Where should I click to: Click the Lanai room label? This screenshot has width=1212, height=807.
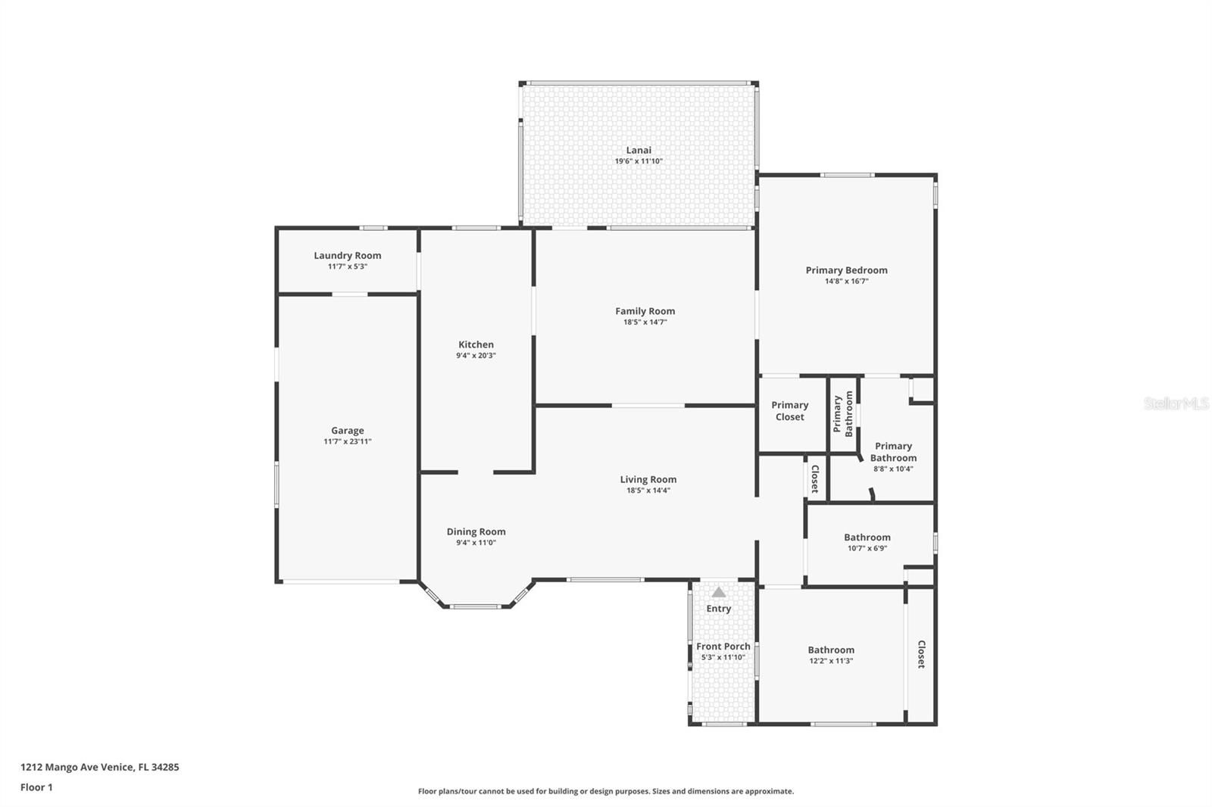(639, 150)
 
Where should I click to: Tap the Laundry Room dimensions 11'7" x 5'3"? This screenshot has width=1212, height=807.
(347, 266)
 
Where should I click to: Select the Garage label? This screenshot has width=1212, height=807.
(347, 430)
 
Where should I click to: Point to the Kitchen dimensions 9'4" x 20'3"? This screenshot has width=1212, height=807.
(476, 355)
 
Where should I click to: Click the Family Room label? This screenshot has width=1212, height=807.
(645, 310)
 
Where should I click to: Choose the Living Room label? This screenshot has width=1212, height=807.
(648, 478)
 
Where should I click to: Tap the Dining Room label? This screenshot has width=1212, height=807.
(476, 531)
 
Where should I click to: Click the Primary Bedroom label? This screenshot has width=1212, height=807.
(846, 270)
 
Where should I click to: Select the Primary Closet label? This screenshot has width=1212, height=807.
(790, 410)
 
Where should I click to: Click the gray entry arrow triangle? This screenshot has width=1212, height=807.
(719, 592)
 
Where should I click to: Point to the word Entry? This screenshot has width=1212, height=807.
(719, 609)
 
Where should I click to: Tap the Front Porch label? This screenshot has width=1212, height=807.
(723, 646)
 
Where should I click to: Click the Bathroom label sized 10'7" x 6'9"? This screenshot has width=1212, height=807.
(867, 537)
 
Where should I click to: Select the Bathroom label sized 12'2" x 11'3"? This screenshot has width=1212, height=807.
(831, 650)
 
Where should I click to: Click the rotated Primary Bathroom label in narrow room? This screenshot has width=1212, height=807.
(843, 413)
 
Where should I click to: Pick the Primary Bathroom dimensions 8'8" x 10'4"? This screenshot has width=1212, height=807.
(893, 469)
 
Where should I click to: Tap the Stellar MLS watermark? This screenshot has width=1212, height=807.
(1176, 403)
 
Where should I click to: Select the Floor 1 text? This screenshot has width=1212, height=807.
(36, 787)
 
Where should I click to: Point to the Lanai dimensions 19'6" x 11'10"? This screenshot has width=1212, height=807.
(639, 161)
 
